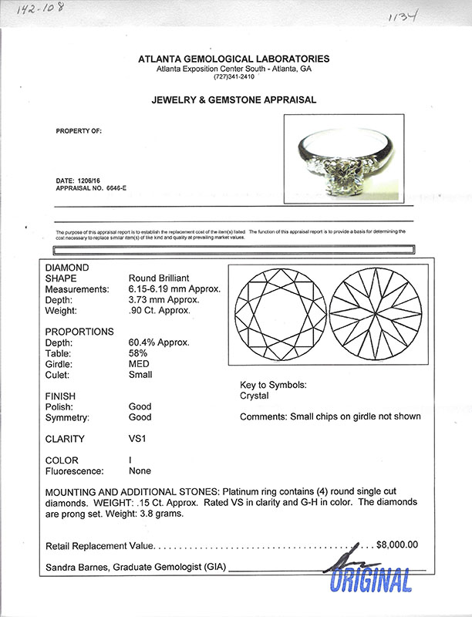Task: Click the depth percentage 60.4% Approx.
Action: pyautogui.click(x=159, y=342)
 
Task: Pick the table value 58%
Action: pyautogui.click(x=137, y=353)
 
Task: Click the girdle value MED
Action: pyautogui.click(x=139, y=364)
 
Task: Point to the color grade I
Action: pyautogui.click(x=130, y=460)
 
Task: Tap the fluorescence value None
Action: pyautogui.click(x=140, y=470)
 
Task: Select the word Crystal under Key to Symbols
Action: pyautogui.click(x=255, y=396)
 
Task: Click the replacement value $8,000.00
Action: pyautogui.click(x=396, y=545)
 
